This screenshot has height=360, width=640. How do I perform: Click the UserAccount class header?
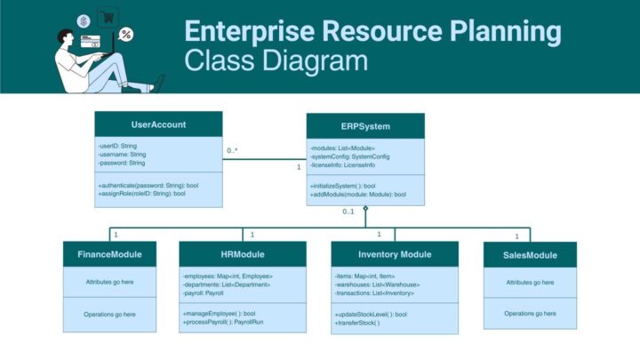(x=158, y=124)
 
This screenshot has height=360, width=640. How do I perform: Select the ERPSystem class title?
(x=364, y=126)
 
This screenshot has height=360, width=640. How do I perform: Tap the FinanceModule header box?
(x=109, y=254)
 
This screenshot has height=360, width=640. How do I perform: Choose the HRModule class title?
(x=230, y=254)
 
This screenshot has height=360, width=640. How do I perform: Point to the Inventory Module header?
(x=395, y=254)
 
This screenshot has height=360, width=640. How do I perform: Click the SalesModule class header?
(x=530, y=255)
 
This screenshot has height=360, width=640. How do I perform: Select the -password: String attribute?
(x=122, y=164)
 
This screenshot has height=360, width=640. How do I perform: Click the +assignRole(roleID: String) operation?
(x=142, y=193)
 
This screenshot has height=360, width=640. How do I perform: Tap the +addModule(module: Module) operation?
(x=358, y=194)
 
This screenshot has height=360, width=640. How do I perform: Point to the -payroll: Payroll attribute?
(x=204, y=292)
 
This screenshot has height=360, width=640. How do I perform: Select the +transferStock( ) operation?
(x=357, y=323)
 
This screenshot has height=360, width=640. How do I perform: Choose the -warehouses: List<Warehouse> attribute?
(x=377, y=284)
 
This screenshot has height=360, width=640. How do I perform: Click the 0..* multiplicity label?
(x=232, y=150)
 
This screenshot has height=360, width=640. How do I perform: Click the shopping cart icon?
(x=108, y=16)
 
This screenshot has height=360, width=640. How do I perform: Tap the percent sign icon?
(x=126, y=35)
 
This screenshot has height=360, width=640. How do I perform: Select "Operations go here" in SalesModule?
(x=530, y=313)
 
